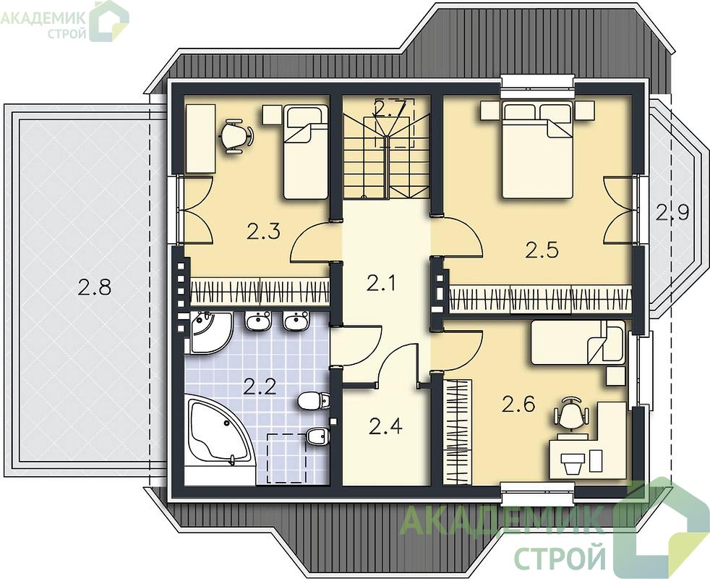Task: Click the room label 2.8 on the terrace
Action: click(94, 287)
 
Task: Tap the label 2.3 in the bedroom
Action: click(263, 231)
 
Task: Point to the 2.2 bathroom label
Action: click(260, 386)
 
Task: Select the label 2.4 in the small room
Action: click(385, 426)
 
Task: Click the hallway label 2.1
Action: click(381, 284)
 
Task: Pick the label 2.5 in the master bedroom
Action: click(542, 250)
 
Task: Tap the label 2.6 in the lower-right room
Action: click(518, 404)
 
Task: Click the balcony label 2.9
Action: click(672, 212)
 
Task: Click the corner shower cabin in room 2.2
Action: click(209, 332)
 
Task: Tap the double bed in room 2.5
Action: click(537, 150)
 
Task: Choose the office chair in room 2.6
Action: click(573, 414)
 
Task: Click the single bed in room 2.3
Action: click(306, 152)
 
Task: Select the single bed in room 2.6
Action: click(578, 342)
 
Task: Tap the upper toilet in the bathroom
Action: click(313, 400)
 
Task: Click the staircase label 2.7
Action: click(388, 107)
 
